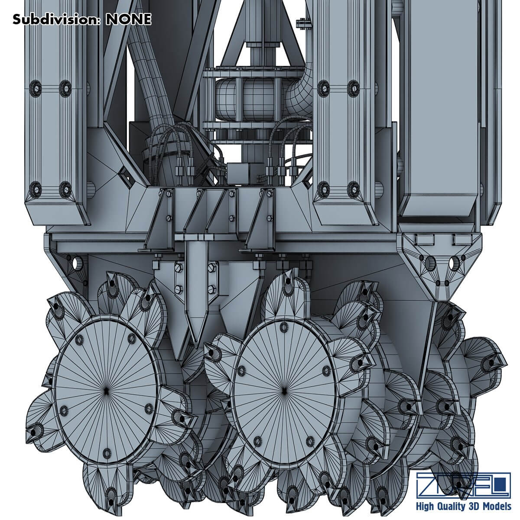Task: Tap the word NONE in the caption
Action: tap(128, 19)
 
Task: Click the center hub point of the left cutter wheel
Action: tap(107, 390)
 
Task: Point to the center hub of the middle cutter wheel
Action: tap(284, 390)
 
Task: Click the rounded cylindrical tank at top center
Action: tap(243, 99)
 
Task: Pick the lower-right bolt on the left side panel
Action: tap(65, 188)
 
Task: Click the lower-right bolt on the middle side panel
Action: tap(351, 188)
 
